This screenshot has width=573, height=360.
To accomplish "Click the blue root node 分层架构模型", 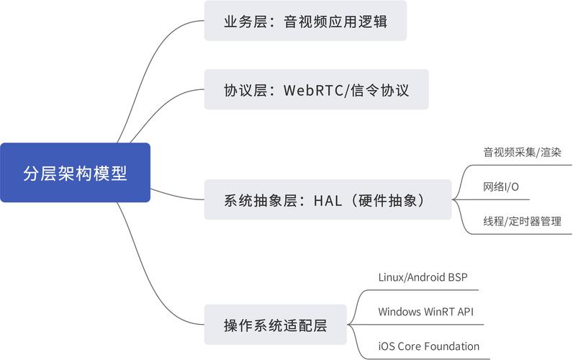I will coord(75,173).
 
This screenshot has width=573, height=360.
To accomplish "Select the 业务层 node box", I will coord(305,21).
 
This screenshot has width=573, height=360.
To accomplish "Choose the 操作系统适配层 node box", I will coord(275,325).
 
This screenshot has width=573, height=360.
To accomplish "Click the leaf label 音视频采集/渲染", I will coord(522,153).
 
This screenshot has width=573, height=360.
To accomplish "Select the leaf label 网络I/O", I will coord(501,187).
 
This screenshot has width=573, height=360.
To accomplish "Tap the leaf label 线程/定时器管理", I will coord(522,222).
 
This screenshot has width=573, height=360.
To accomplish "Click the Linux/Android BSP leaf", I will coord(423,277).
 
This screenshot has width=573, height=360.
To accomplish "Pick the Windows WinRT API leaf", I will coord(425,312).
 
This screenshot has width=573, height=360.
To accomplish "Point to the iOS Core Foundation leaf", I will coord(428,346).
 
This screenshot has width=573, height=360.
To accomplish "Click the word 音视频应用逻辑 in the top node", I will coord(335,21).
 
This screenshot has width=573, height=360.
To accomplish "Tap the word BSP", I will coord(458,277).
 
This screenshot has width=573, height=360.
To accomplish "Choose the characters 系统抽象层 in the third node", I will coord(261,200).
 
